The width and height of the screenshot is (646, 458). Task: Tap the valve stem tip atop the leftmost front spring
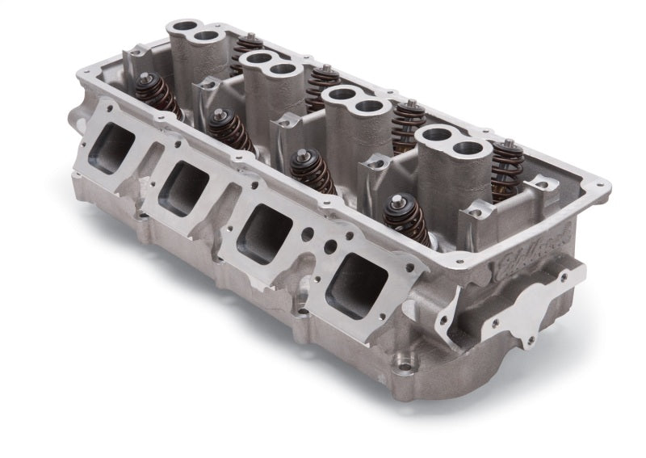[149, 78]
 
